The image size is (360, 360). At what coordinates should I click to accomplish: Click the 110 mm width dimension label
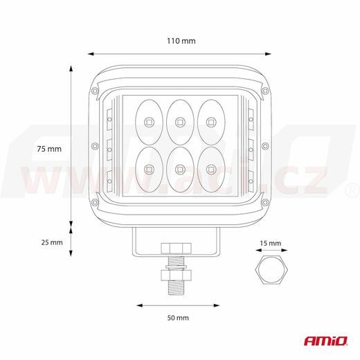181,41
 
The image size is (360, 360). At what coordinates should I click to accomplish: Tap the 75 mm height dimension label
49,149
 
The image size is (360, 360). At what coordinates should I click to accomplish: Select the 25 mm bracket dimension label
52,242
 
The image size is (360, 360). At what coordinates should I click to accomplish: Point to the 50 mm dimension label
178,318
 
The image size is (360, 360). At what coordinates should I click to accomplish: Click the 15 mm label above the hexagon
271,243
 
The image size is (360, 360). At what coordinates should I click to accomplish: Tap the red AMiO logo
326,341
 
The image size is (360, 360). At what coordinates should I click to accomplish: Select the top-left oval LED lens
149,122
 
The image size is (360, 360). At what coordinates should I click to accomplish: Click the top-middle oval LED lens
180,122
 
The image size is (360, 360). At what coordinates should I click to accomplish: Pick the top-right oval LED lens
211,122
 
